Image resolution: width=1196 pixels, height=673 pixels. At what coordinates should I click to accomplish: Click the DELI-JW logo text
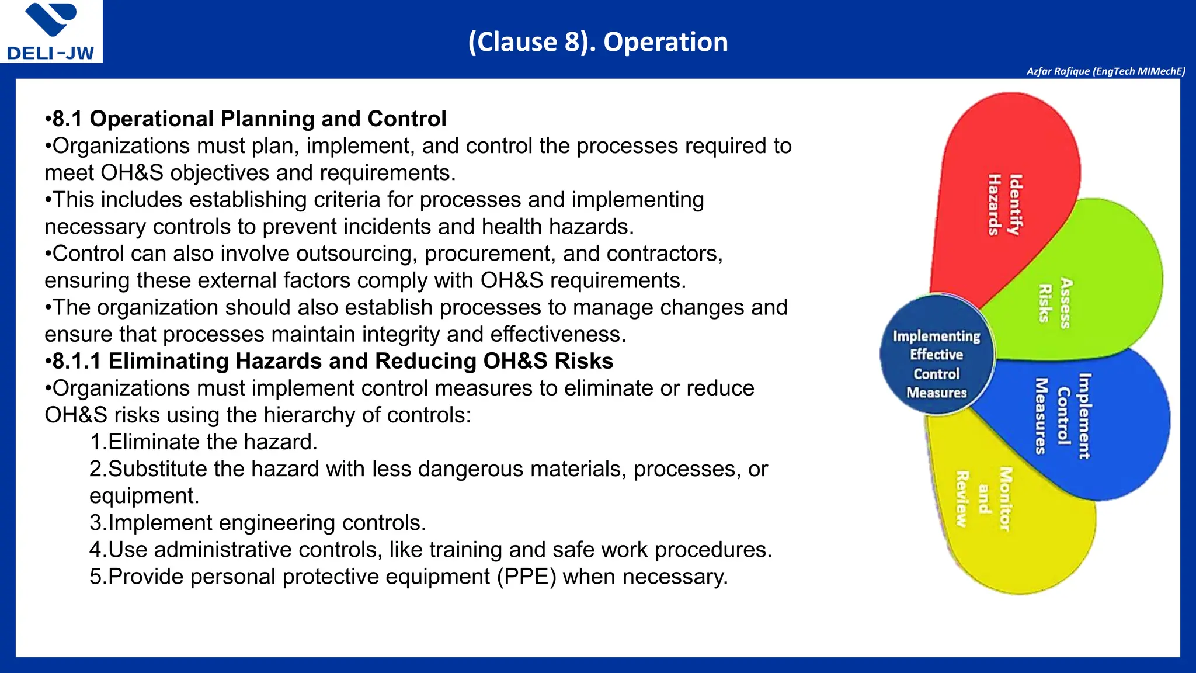pos(50,53)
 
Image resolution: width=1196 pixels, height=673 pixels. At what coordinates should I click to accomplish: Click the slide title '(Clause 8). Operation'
pos(598,42)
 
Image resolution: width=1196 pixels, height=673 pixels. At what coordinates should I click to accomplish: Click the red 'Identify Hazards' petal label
pos(1004,204)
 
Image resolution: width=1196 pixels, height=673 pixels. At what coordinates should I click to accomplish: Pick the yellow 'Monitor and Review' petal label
pos(983,499)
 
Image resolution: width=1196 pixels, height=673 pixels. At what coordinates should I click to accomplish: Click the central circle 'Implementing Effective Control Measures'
pos(936,364)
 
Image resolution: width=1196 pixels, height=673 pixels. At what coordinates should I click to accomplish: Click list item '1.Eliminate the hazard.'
pos(203,442)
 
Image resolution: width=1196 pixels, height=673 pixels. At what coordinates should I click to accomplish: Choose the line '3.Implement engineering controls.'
pos(258,523)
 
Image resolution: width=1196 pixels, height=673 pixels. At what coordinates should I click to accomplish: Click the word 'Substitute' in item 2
pos(158,469)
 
